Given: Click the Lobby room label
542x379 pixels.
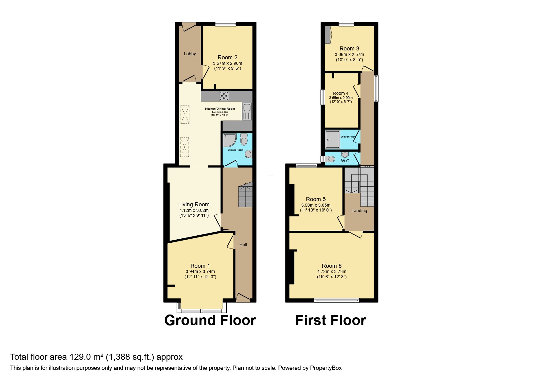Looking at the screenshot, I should [x=190, y=54].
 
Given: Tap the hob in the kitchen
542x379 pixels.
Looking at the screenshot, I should [x=224, y=96].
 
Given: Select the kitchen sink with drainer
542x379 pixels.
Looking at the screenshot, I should [x=247, y=112].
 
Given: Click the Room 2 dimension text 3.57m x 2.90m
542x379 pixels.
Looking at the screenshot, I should [x=227, y=63].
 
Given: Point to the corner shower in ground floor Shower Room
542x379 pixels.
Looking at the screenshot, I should [x=230, y=140].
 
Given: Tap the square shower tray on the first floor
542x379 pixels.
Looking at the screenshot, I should [x=333, y=140].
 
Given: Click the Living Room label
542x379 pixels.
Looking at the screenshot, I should [x=194, y=204].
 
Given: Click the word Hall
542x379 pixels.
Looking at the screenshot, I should [x=243, y=245].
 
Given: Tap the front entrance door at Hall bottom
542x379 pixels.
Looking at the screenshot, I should [x=243, y=297].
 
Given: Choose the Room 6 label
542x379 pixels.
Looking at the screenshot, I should [x=331, y=266].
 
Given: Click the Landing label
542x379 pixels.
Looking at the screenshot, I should [x=359, y=211].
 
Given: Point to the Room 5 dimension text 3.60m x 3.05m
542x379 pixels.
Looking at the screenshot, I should [x=316, y=205].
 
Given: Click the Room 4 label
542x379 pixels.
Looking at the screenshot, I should [x=341, y=93].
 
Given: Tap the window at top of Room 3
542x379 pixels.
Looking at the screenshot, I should [x=346, y=24].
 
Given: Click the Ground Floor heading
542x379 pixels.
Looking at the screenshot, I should [x=210, y=320].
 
